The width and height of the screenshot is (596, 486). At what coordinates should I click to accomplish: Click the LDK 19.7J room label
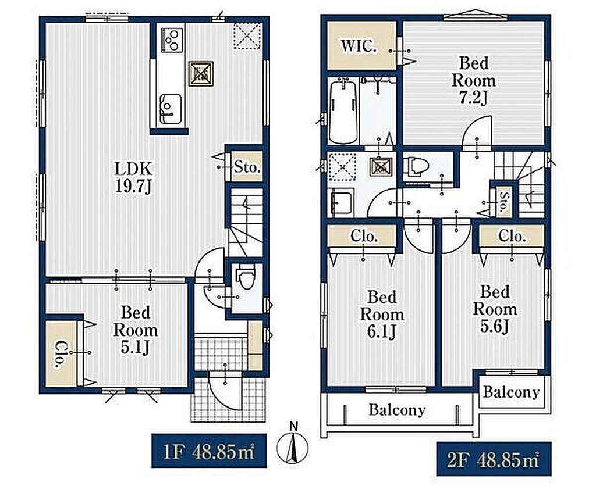click(x=133, y=177)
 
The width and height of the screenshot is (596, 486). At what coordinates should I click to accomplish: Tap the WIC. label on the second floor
click(x=359, y=47)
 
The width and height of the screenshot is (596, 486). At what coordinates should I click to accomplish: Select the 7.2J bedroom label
click(x=473, y=80)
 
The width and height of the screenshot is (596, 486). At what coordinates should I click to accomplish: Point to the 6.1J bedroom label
click(x=382, y=315)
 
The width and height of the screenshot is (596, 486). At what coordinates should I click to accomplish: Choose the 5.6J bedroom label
click(x=495, y=309)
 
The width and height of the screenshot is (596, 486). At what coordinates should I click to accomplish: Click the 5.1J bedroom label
click(x=135, y=330)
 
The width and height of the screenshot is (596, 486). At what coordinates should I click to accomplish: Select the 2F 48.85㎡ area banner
click(x=494, y=459)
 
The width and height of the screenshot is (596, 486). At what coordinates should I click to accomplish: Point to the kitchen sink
click(x=170, y=109)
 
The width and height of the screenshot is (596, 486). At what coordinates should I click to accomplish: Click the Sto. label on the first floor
click(x=247, y=167)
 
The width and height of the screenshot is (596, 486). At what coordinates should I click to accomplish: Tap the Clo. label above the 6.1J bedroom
click(x=363, y=236)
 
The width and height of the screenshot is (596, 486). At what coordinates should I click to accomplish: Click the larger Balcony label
click(x=397, y=410)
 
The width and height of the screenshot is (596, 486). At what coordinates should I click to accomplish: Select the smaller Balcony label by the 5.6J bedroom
click(x=511, y=392)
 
